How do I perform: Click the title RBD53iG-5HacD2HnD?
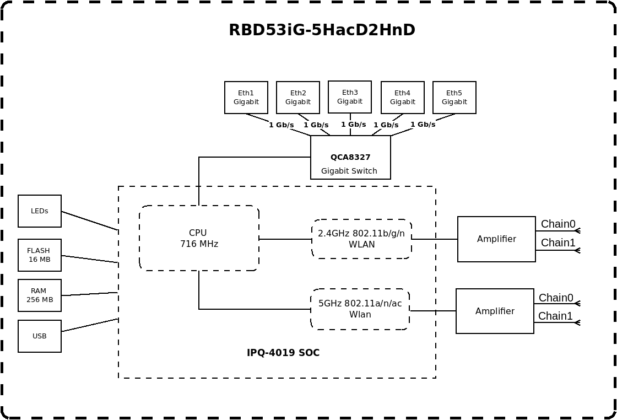pyautogui.click(x=322, y=30)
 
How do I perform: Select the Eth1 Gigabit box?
pyautogui.click(x=246, y=98)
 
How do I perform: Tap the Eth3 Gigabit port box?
pyautogui.click(x=350, y=97)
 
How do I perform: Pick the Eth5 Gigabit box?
pyautogui.click(x=454, y=98)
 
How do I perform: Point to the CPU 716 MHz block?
pyautogui.click(x=199, y=238)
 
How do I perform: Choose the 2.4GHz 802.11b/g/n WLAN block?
pyautogui.click(x=361, y=239)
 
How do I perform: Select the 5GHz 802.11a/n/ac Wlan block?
pyautogui.click(x=360, y=309)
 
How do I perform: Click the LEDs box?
pyautogui.click(x=40, y=211)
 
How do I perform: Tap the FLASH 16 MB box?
pyautogui.click(x=40, y=255)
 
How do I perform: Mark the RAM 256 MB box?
pyautogui.click(x=40, y=295)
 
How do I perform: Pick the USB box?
pyautogui.click(x=40, y=336)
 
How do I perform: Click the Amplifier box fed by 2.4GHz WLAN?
pyautogui.click(x=496, y=239)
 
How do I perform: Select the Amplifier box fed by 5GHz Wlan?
pyautogui.click(x=495, y=311)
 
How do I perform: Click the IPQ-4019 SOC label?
pyautogui.click(x=283, y=353)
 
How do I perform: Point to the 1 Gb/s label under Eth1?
pyautogui.click(x=282, y=125)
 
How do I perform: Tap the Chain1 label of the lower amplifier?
pyautogui.click(x=555, y=316)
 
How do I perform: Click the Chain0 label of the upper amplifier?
pyautogui.click(x=558, y=224)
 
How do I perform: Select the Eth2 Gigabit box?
pyautogui.click(x=298, y=98)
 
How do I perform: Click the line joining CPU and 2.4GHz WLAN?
pyautogui.click(x=285, y=239)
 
